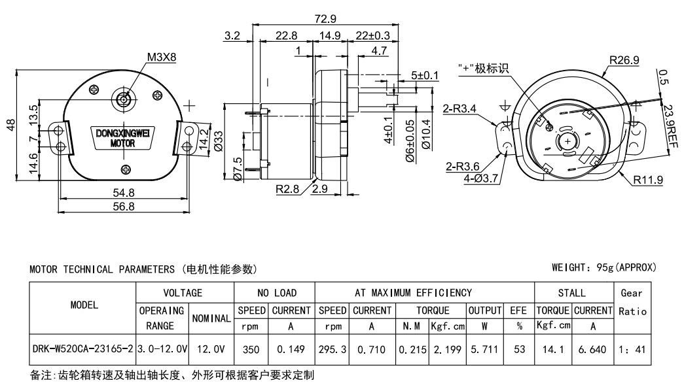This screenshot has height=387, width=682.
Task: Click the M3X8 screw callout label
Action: [161, 57]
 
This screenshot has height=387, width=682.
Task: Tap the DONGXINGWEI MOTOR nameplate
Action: [122, 138]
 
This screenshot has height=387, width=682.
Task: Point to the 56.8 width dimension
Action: [122, 207]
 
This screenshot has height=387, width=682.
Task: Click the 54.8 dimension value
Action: [122, 193]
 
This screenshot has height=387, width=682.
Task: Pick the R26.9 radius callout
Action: [624, 61]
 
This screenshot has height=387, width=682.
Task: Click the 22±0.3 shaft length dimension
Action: [373, 35]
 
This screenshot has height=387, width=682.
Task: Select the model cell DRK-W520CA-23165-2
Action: [82, 350]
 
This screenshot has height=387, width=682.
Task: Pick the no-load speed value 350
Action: [251, 350]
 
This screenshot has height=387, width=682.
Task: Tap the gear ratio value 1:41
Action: [632, 350]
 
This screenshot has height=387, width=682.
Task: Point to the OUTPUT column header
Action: [484, 310]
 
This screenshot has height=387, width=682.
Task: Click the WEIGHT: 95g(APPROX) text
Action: [603, 268]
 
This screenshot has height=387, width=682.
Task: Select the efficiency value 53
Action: [520, 350]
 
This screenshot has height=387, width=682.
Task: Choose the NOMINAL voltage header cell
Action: [210, 318]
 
